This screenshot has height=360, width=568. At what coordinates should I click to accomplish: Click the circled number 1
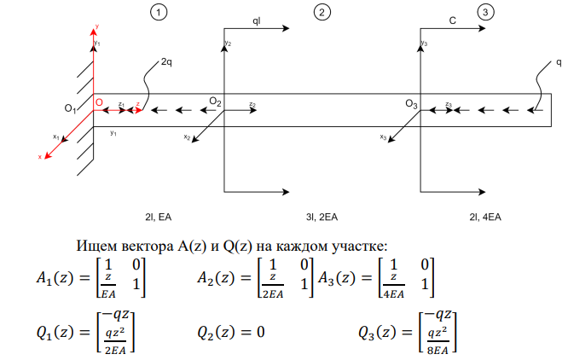click(x=159, y=12)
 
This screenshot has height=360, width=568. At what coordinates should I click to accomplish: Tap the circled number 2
click(x=322, y=12)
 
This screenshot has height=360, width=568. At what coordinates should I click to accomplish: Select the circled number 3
click(x=485, y=12)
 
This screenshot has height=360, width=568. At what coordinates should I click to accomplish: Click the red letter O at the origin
click(x=99, y=102)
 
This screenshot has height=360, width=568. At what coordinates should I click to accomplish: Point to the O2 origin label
click(x=215, y=102)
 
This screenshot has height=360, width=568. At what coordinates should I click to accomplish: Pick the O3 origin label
click(x=411, y=104)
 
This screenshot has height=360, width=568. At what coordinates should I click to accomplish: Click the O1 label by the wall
click(x=70, y=108)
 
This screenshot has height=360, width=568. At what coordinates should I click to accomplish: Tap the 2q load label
click(x=166, y=62)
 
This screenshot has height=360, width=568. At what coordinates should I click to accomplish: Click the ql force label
click(x=256, y=21)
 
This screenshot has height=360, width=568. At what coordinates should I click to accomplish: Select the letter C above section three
click(x=453, y=20)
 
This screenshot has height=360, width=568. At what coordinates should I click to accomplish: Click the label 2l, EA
click(x=159, y=217)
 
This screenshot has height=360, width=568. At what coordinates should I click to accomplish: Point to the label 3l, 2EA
click(x=322, y=217)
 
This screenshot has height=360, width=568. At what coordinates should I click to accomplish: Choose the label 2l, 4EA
click(x=485, y=217)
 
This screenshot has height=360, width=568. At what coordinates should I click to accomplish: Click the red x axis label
click(x=40, y=157)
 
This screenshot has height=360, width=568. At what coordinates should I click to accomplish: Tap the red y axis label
click(x=97, y=26)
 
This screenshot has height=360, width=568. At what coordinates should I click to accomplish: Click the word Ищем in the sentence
click(x=96, y=246)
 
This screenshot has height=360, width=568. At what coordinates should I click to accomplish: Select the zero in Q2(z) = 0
click(x=260, y=332)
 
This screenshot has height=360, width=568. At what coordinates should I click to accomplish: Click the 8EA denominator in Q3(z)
click(x=438, y=351)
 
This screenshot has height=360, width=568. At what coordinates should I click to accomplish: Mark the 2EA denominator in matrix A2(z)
click(x=273, y=294)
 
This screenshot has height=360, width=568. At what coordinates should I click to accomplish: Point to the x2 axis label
click(x=187, y=136)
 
